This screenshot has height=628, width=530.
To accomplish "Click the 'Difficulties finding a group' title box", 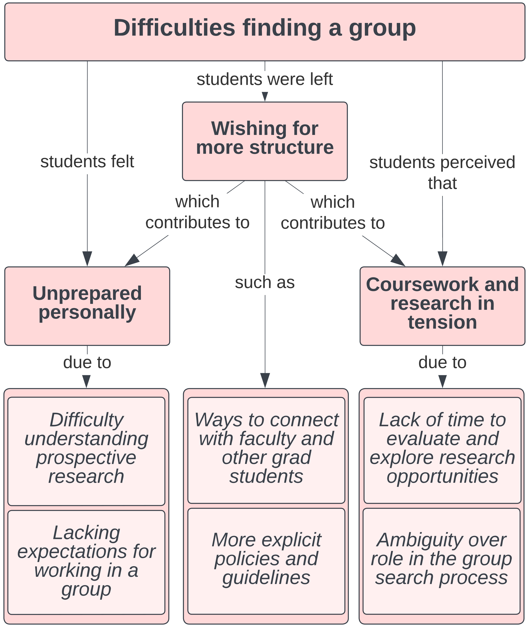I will [264, 32].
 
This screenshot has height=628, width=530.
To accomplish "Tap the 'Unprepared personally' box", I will [87, 306].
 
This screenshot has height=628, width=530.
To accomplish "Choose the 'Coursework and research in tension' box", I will [442, 306].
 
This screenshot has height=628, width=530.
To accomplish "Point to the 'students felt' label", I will [87, 162].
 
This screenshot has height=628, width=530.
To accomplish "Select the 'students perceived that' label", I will [442, 173].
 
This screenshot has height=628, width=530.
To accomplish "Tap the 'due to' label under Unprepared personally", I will [87, 362].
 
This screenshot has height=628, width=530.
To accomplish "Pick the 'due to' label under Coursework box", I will [442, 362].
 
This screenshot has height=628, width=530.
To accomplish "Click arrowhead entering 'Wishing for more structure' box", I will [265, 97].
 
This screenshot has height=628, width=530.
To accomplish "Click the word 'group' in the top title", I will [382, 28].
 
